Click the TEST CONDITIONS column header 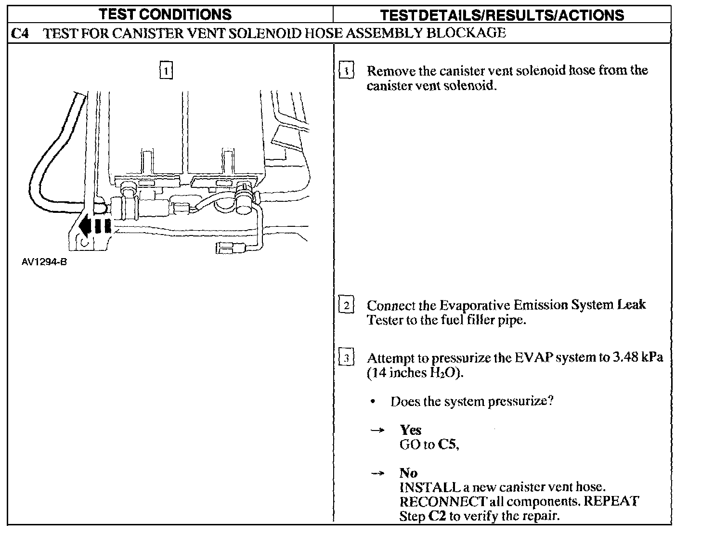[x=165, y=14]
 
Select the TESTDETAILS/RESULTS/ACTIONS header [x=502, y=15]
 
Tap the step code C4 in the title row [x=20, y=33]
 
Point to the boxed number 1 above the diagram [x=166, y=71]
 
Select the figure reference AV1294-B [x=43, y=262]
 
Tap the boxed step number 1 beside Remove [x=346, y=71]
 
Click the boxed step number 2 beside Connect [x=346, y=305]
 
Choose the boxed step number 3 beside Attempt [x=346, y=358]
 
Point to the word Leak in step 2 [x=631, y=305]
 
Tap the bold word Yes [x=410, y=430]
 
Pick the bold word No [x=408, y=473]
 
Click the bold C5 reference [x=448, y=444]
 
